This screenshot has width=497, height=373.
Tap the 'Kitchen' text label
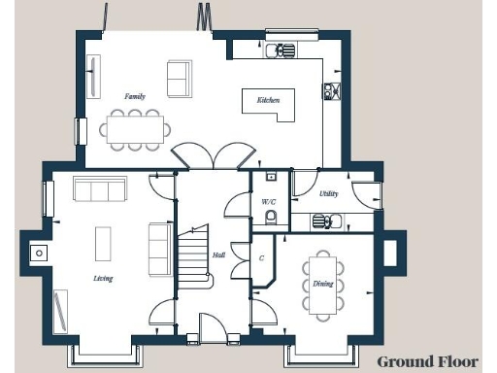pyautogui.click(x=268, y=101)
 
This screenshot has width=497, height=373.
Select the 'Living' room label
pyautogui.click(x=103, y=279)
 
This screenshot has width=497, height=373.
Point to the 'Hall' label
pyautogui.click(x=219, y=255)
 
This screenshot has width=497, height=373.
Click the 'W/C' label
pyautogui.click(x=269, y=202)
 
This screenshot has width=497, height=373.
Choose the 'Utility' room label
pyautogui.click(x=329, y=194)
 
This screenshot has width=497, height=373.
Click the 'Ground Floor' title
pyautogui.click(x=428, y=361)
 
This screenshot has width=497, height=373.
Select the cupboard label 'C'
pyautogui.click(x=261, y=258)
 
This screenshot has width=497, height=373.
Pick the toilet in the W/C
pyautogui.click(x=271, y=217)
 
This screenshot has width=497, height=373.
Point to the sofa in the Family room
pyautogui.click(x=180, y=79)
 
